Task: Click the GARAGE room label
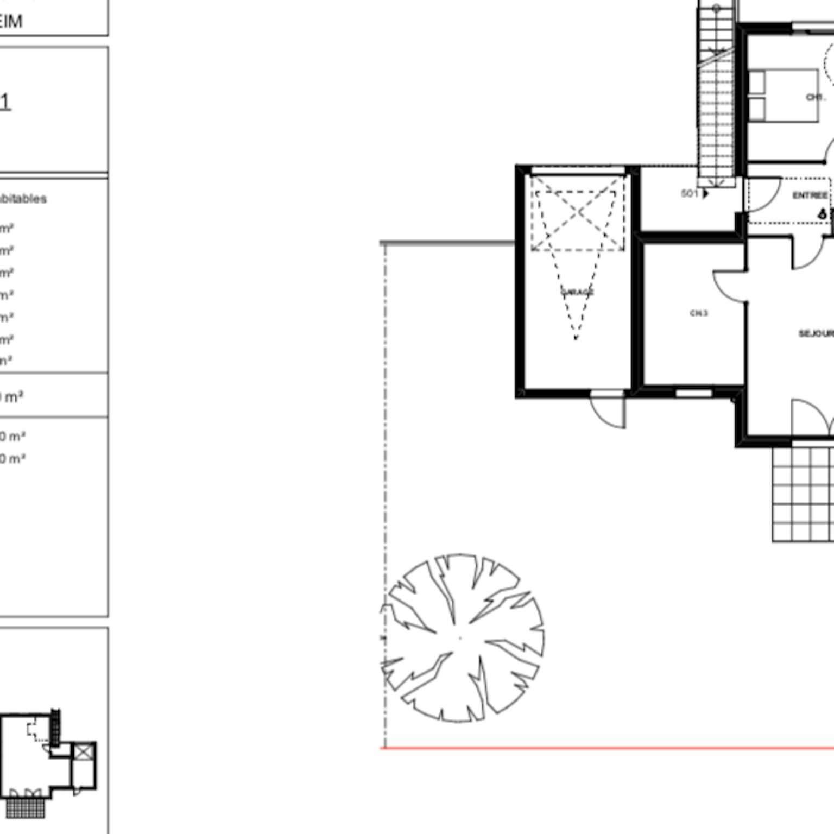[577, 292]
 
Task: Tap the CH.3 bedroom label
[699, 313]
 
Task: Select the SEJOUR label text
[816, 333]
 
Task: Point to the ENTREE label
[810, 195]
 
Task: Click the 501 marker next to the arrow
[689, 193]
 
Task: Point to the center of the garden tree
[460, 638]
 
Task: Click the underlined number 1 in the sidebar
[5, 102]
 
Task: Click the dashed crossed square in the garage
[577, 213]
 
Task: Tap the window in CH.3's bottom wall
[693, 393]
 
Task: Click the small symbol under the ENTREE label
[822, 214]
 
